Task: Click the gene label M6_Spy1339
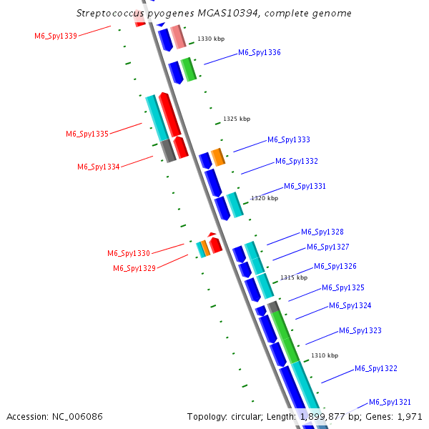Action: pos(56,36)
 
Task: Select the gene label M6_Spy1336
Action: pos(259,52)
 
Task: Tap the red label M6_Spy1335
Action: pos(87,134)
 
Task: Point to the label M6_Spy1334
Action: pos(99,167)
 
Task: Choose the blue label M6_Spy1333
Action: pos(289,139)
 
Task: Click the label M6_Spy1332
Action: pos(297,161)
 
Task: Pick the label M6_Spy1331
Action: pos(305,186)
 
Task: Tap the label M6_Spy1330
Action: pos(129,253)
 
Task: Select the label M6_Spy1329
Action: pos(134,268)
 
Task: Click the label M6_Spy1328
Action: pos(322,232)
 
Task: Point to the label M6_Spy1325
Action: pos(343,287)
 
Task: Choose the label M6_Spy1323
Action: pos(360,330)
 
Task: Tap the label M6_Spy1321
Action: pos(390,402)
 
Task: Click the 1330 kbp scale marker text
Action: pos(210,39)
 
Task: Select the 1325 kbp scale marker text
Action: pos(237,119)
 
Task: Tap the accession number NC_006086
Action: pos(78,416)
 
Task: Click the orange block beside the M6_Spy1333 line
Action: pos(218,157)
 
